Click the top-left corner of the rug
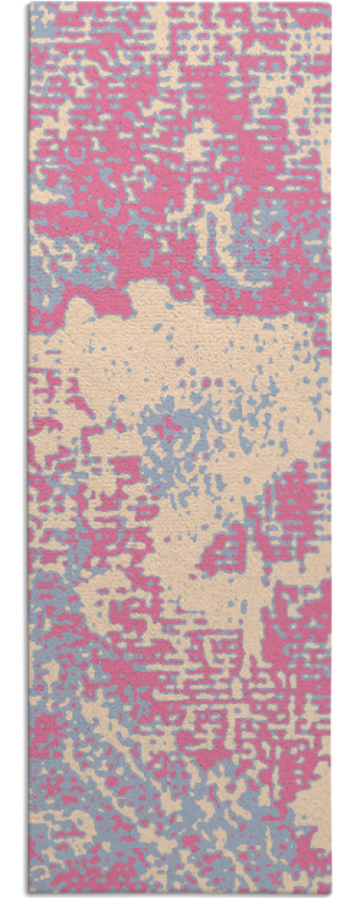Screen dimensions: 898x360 coord(29,4)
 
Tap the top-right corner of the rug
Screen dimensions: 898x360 coord(331,4)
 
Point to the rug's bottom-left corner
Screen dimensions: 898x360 coord(29,893)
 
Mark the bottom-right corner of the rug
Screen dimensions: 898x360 coord(331,893)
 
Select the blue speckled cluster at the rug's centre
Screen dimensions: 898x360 coord(183,438)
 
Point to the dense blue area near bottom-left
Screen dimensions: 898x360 coord(63,831)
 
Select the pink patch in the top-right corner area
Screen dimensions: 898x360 coord(295,27)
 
